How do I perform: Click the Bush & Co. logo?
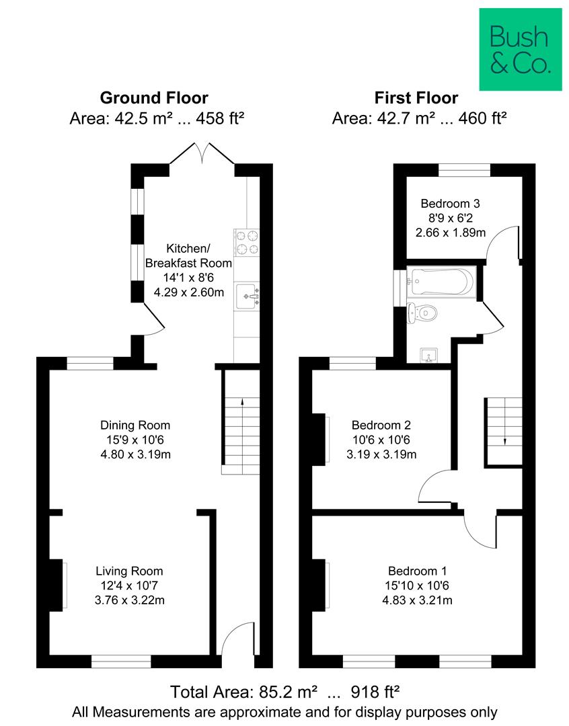520,49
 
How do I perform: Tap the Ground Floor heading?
154,98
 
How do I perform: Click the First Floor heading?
416,98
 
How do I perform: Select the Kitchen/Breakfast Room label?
188,256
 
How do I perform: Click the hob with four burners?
246,242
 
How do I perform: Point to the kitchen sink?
246,295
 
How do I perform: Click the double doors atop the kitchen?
202,153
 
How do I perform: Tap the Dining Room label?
135,425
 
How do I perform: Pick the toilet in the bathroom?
422,313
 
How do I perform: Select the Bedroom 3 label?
450,203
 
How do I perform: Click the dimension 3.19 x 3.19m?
381,454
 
